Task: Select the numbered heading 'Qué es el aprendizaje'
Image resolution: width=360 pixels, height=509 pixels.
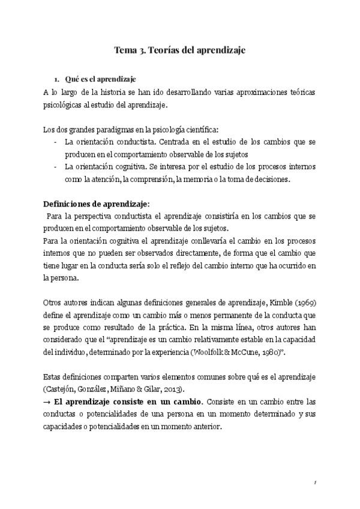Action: [x=100, y=79]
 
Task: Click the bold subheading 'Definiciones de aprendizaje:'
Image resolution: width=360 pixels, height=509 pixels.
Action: [x=97, y=203]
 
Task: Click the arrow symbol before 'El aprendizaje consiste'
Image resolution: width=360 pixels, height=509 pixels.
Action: [x=47, y=401]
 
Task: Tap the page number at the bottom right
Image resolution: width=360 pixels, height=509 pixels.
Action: [x=314, y=481]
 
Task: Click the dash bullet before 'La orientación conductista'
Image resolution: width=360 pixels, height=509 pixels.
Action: [x=56, y=142]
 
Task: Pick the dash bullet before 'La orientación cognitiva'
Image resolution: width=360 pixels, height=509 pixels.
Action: [x=56, y=166]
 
